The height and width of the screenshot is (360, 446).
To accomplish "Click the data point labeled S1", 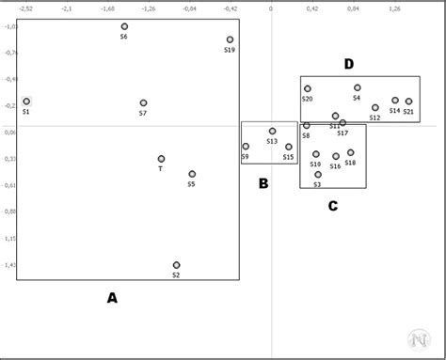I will [x=26, y=102].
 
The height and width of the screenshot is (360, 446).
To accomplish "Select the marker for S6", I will [x=124, y=27].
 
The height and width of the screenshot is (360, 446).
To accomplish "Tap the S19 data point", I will [x=230, y=40].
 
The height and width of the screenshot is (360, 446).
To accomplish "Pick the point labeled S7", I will [x=143, y=103].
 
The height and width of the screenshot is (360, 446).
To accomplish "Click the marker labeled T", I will [x=161, y=159].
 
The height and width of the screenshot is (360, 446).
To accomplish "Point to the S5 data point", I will [x=192, y=174].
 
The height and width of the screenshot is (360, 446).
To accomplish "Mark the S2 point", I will [x=176, y=265].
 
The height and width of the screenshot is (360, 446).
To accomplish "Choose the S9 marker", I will [x=246, y=147].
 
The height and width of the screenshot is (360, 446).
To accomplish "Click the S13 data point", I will [x=272, y=132].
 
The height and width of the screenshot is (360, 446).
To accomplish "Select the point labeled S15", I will [x=289, y=147].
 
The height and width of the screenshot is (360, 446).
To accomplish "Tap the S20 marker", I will [x=307, y=89].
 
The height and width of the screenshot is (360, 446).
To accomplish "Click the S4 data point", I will [x=357, y=88].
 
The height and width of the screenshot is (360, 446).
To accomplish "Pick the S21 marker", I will [x=408, y=102].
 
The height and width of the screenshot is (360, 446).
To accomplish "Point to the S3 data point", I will [x=318, y=175].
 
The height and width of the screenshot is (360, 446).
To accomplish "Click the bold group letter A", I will [x=112, y=298].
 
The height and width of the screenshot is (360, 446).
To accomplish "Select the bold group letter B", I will [x=263, y=183].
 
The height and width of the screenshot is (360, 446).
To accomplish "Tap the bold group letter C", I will [x=333, y=206].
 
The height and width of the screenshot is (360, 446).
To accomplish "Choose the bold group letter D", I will [x=349, y=64].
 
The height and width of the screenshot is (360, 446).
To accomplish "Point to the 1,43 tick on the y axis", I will [x=9, y=265].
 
